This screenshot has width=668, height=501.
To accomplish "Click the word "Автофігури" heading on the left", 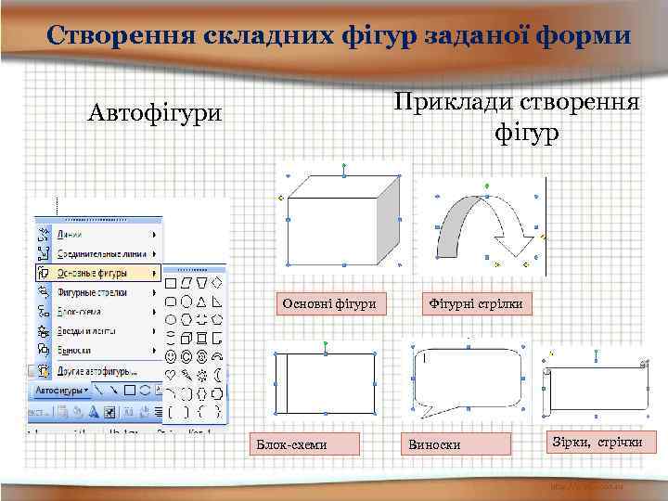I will click(x=155, y=114).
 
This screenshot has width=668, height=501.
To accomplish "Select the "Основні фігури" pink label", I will click(x=328, y=303).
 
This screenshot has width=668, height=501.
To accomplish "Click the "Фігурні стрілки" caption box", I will click(x=476, y=303).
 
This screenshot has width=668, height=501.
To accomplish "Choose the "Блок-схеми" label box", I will click(x=292, y=444).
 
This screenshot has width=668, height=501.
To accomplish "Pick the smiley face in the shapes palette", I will click(x=171, y=354).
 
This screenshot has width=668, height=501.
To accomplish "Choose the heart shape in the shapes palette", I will click(x=171, y=374).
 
